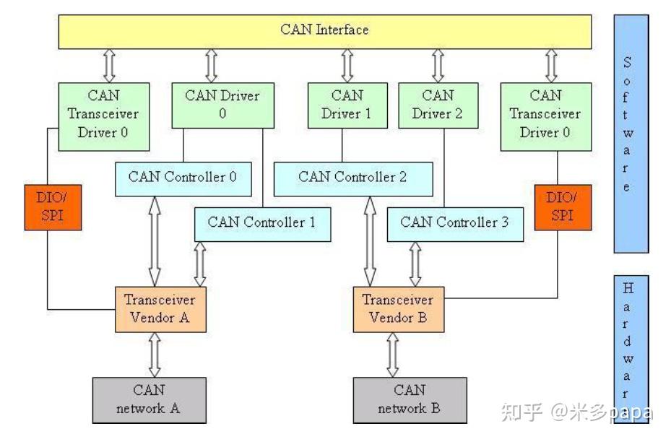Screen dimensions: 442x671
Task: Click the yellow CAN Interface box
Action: coord(324,31)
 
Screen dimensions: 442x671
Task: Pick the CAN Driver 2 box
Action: coord(438,105)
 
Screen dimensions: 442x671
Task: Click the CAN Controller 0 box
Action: coord(183,178)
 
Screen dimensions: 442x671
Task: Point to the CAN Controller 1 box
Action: coord(261,223)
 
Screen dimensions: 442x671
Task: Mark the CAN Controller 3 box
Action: coord(454,223)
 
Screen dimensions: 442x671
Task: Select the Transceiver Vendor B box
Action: coord(398,309)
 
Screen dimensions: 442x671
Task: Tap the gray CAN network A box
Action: coord(149,399)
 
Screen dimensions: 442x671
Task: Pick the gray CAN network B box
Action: coord(410,399)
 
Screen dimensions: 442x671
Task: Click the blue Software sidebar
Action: coord(631,134)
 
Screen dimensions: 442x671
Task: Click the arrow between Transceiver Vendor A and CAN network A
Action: coord(155,355)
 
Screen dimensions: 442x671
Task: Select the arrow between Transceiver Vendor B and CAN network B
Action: coord(393,355)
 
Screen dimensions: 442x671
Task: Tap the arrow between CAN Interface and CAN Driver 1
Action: coord(347,66)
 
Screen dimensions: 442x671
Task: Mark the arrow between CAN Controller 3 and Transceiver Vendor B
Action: coord(415,264)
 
